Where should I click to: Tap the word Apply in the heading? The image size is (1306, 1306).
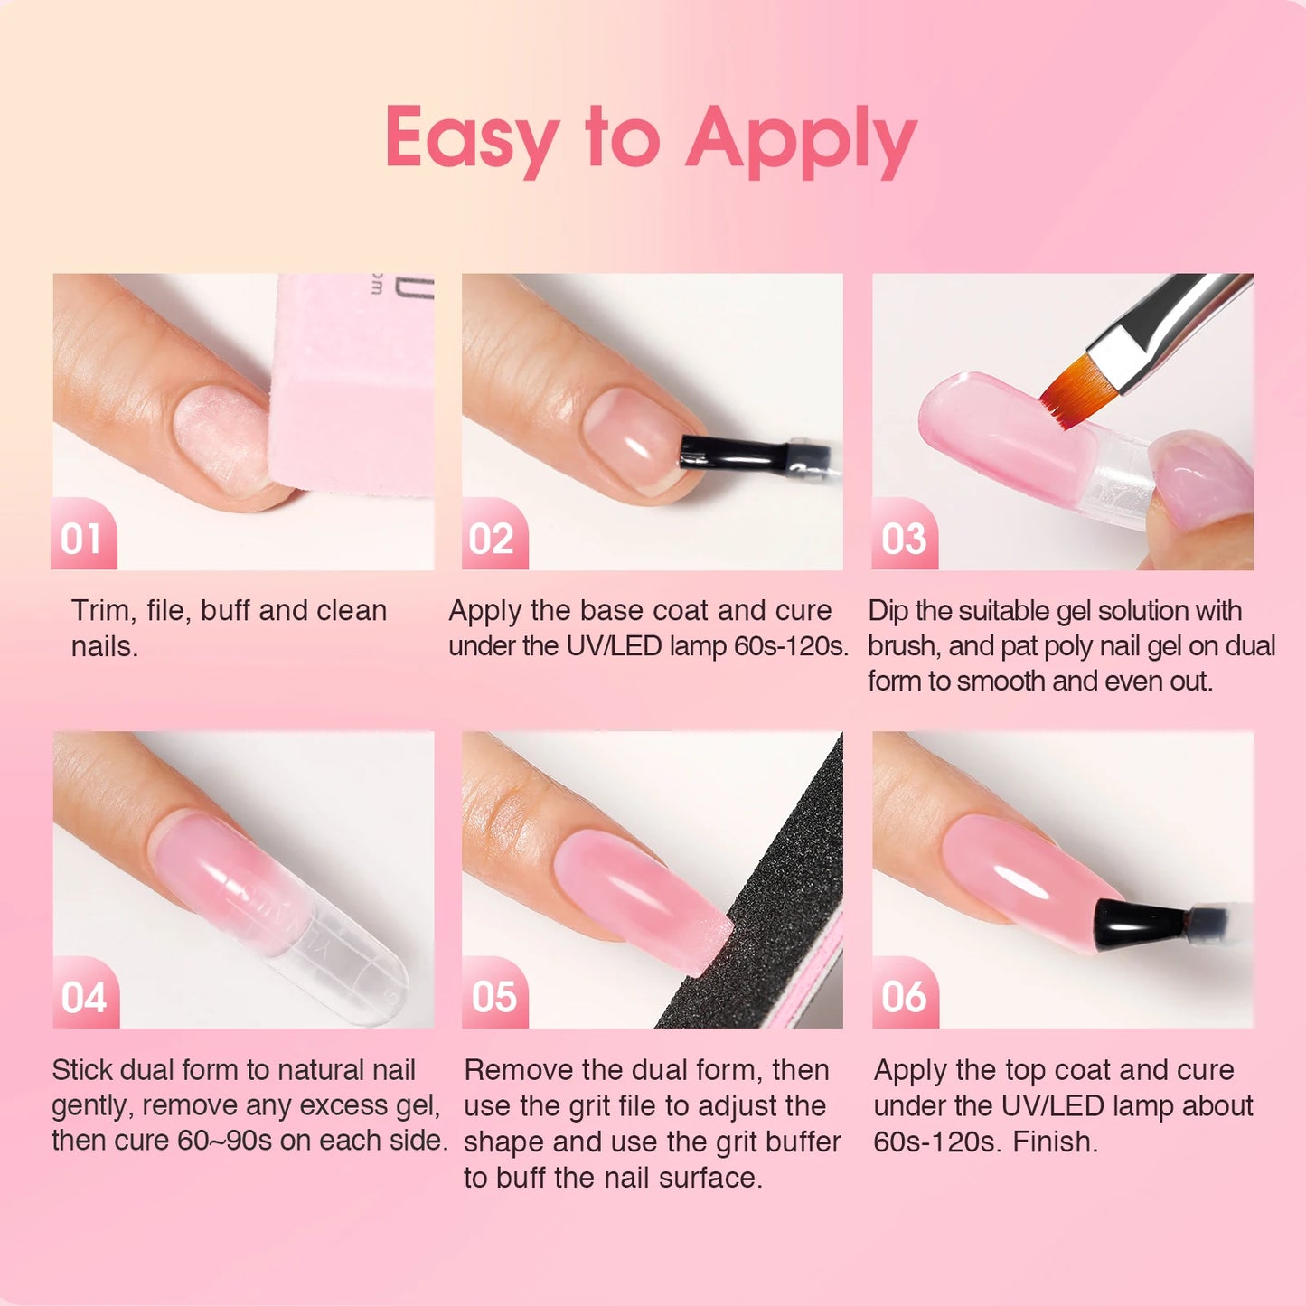click(x=801, y=140)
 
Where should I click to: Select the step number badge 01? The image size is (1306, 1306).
click(x=82, y=539)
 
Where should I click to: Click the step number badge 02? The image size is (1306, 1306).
click(x=493, y=539)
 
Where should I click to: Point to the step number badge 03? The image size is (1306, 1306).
click(x=904, y=539)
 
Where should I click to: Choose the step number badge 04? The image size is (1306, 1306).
click(x=84, y=998)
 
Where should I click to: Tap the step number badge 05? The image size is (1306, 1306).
click(x=494, y=997)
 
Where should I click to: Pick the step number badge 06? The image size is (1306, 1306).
click(x=904, y=997)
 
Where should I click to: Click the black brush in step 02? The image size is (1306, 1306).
click(x=723, y=450)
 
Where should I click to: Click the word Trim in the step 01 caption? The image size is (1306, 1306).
click(x=99, y=611)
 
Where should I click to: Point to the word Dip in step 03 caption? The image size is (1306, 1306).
click(x=888, y=611)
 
